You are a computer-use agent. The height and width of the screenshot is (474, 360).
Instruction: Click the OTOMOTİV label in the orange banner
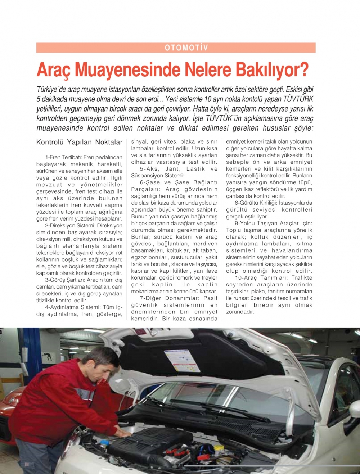coord(186,48)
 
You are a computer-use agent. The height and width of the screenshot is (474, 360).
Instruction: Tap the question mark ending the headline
coord(303,69)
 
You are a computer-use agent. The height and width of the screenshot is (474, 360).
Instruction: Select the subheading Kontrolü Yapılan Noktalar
coord(79,142)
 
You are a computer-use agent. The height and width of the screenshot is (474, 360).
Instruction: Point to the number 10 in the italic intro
coord(208,99)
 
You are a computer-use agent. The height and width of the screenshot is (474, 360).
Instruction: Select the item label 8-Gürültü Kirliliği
coord(256,203)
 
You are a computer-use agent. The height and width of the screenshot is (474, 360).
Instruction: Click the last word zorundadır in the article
coord(240,312)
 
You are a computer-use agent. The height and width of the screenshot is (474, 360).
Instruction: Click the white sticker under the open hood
coord(182,360)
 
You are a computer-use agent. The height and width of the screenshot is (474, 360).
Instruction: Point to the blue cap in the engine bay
coord(104,442)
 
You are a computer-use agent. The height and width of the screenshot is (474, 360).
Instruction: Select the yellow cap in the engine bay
coord(219,448)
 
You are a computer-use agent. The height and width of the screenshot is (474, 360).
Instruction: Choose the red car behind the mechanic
coord(11,414)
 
